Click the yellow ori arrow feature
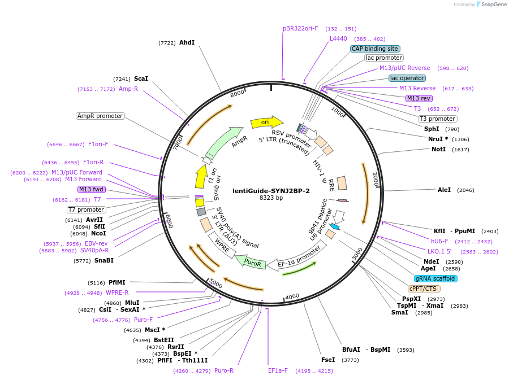coord(266,122)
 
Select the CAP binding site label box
coord(375,49)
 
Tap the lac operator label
coord(407,78)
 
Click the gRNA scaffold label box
coord(435,278)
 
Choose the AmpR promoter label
coord(100,116)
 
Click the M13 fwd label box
coord(92,189)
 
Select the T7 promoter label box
coord(87,209)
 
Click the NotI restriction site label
coord(438,149)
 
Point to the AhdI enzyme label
coord(187,42)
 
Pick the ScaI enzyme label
coord(141,78)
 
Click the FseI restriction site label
coord(328,359)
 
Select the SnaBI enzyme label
coord(104,260)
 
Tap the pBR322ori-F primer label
coord(300,28)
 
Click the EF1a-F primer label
coord(278,370)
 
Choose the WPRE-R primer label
coord(117,292)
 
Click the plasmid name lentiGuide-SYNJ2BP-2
coord(271,191)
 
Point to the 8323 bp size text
coord(271,198)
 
